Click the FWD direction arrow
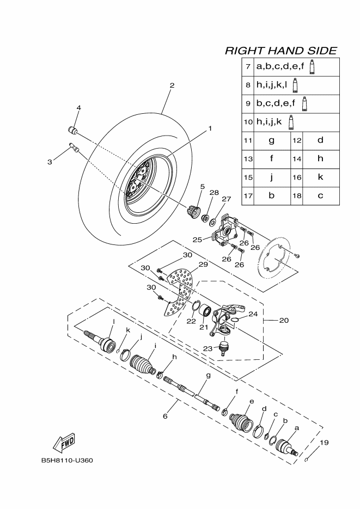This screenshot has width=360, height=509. click(64, 443)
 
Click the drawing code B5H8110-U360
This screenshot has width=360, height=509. click(67, 461)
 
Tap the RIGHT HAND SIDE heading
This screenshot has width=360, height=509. click(281, 51)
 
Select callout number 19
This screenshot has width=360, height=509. click(324, 442)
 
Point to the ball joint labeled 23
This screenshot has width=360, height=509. click(223, 347)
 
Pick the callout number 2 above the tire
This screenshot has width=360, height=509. click(172, 85)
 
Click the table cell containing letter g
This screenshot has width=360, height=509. click(272, 140)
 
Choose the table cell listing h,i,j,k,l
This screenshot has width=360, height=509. click(290, 85)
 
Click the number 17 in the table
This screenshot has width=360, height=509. click(248, 196)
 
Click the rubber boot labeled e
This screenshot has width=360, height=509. click(242, 423)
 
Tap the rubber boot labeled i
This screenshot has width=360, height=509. click(143, 365)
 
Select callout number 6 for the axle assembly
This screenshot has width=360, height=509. click(165, 416)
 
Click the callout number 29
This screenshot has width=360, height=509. click(203, 265)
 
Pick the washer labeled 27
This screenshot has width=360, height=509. click(213, 222)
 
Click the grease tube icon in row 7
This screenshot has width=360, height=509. click(312, 67)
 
